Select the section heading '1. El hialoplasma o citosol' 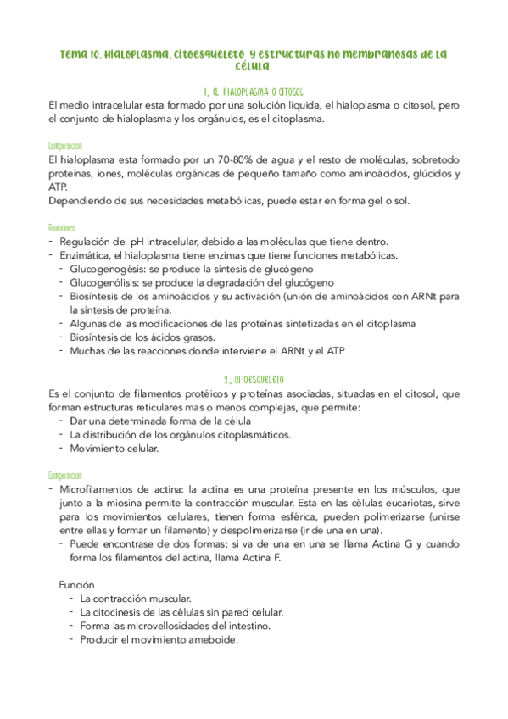[x=254, y=91]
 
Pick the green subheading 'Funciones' [x=63, y=227]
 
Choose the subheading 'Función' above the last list [x=77, y=585]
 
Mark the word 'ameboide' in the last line [x=212, y=639]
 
